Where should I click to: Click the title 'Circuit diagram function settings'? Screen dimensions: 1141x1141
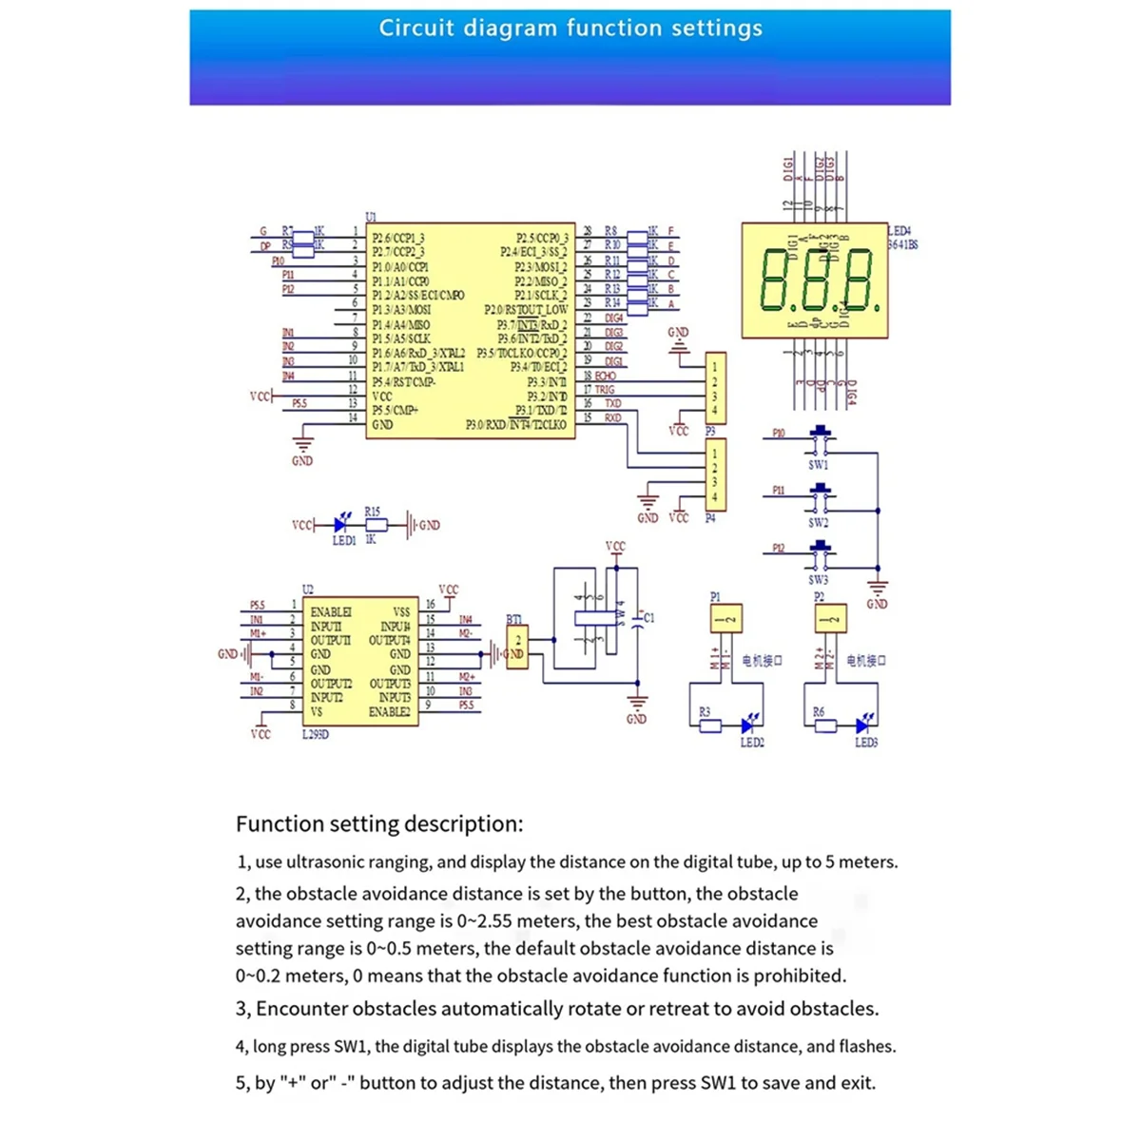coord(570,29)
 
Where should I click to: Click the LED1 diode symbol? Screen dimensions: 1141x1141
coord(341,524)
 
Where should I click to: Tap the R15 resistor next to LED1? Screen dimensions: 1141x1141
coord(376,524)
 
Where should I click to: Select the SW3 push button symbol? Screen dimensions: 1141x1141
coord(819,552)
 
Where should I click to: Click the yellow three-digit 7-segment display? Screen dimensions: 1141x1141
coord(815,280)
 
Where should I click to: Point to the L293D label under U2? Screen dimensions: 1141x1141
coord(316,734)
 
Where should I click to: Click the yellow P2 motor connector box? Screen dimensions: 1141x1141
coord(830,619)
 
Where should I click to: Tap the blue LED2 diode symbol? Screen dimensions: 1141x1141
coord(748,725)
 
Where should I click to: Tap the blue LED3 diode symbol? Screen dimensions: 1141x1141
coord(862,725)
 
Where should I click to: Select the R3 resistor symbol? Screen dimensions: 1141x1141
coord(710,725)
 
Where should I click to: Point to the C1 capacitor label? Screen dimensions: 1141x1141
coord(649,618)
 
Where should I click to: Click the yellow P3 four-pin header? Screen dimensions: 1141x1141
coord(715,389)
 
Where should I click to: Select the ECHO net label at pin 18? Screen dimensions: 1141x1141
coord(606,377)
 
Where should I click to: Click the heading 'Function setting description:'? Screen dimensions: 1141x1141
coord(379,823)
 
